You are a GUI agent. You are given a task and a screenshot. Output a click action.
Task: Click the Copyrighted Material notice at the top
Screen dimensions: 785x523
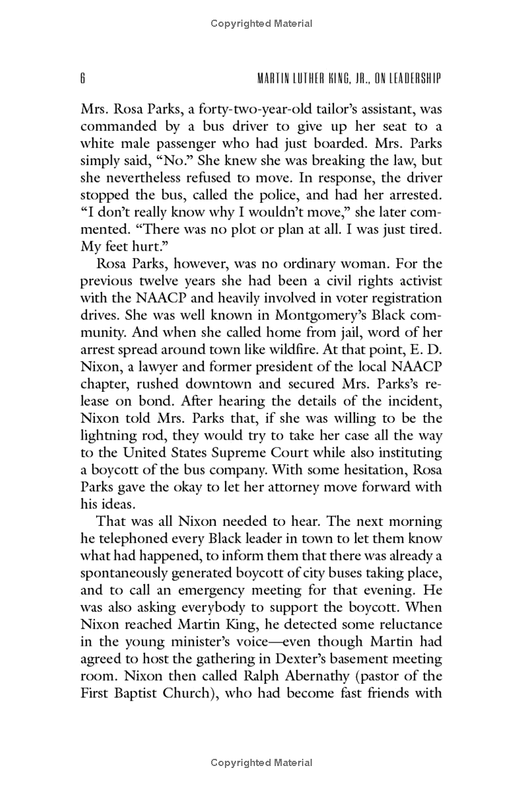pos(261,24)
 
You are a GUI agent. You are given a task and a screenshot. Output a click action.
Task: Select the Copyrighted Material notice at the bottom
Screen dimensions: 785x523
pos(261,763)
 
